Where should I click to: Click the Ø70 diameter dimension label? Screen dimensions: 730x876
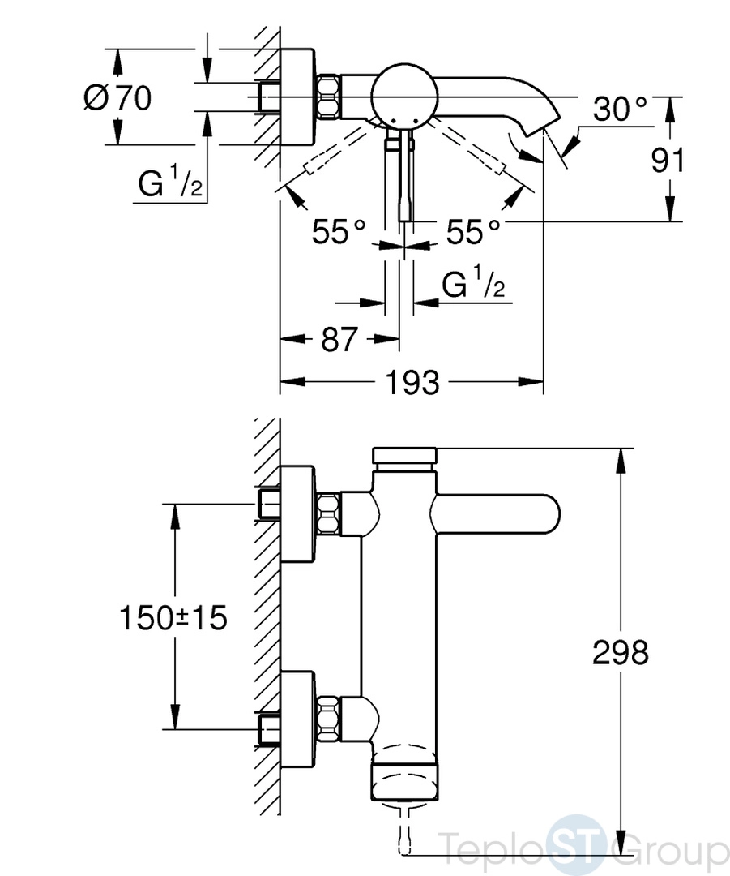[117, 98]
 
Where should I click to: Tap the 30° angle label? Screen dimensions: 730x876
[619, 109]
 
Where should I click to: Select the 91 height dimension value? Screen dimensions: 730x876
[667, 161]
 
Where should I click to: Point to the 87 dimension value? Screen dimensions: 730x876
[338, 339]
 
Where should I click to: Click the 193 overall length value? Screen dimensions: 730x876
[412, 383]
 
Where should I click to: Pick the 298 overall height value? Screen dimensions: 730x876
[620, 652]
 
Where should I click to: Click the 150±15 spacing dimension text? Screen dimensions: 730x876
[173, 618]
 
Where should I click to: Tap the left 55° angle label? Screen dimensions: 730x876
[338, 231]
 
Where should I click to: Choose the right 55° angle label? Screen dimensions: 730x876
[472, 231]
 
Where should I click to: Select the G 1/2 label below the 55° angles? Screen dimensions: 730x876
[474, 282]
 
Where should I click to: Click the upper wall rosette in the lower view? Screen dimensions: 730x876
[298, 513]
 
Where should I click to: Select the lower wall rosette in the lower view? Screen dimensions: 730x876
[298, 720]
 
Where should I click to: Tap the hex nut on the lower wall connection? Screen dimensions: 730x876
[329, 720]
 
